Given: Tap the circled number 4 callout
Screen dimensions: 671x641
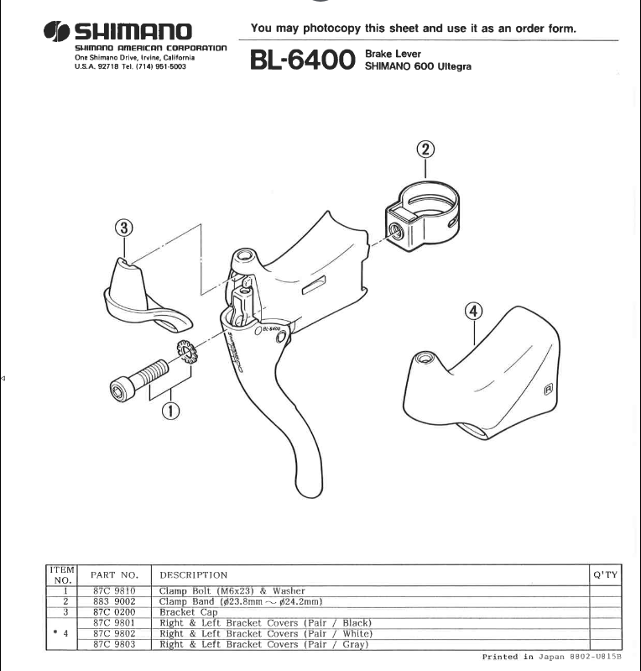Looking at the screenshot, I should click(473, 312).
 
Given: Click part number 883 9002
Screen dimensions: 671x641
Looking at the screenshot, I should click(113, 601).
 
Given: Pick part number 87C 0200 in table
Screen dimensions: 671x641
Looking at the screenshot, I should click(113, 611).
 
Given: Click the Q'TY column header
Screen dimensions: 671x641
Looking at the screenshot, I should click(605, 574).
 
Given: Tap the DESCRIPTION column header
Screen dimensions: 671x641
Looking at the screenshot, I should click(193, 575).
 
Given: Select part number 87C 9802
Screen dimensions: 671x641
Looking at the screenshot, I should click(113, 633).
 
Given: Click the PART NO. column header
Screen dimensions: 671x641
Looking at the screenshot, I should click(113, 575).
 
